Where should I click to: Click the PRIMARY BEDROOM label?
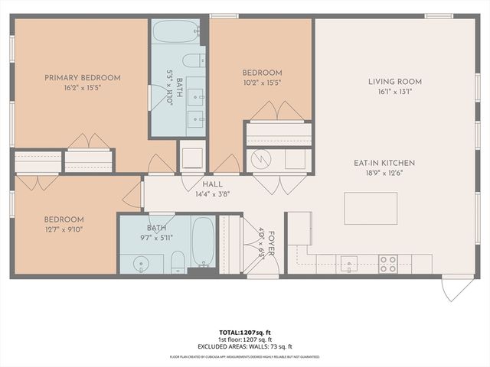tap(82, 77)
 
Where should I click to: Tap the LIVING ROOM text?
tap(394, 81)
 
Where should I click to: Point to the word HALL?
tap(212, 184)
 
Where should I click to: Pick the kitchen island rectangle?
tap(370, 208)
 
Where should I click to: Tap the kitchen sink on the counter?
tap(350, 263)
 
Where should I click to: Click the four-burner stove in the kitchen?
tap(388, 264)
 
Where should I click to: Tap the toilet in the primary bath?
tap(194, 60)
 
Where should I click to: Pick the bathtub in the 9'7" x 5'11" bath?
tap(202, 241)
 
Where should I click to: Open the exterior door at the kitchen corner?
tap(457, 287)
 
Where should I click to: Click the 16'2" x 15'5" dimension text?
tap(82, 88)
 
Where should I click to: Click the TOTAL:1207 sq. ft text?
tap(245, 332)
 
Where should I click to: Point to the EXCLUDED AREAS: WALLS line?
tap(245, 346)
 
